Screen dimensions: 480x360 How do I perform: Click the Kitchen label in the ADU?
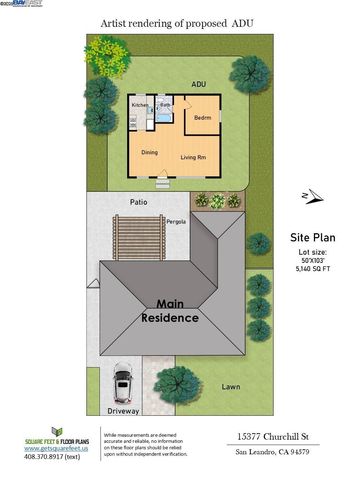(x=140, y=105)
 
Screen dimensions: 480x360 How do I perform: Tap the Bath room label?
(x=168, y=104)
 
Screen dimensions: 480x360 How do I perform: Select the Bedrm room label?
(x=202, y=117)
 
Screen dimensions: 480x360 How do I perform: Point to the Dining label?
(x=149, y=153)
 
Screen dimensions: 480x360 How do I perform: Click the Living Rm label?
(x=193, y=158)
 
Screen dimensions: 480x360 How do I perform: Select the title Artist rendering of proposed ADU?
(x=179, y=19)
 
